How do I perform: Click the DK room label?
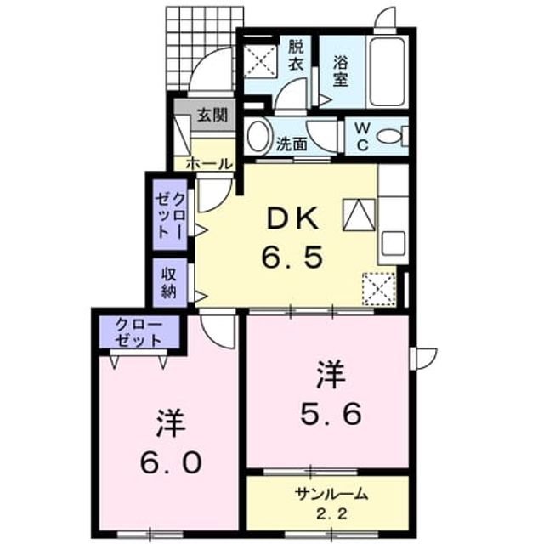[293, 218]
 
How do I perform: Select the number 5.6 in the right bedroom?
[331, 415]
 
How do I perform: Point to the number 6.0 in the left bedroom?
[171, 462]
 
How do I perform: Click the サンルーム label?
[331, 493]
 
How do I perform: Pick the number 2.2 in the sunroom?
[331, 514]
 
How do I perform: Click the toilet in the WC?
[393, 136]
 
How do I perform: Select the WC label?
[362, 136]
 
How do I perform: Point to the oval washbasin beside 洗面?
[258, 135]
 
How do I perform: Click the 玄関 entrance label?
[212, 115]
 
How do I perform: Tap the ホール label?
[209, 163]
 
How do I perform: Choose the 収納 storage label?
[169, 283]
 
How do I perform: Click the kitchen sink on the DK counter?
[394, 243]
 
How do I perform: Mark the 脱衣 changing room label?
[297, 55]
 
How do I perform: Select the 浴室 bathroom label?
[341, 71]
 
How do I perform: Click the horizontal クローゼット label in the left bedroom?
[139, 332]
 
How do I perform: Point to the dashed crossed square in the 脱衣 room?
[261, 61]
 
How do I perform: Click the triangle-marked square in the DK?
[360, 215]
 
